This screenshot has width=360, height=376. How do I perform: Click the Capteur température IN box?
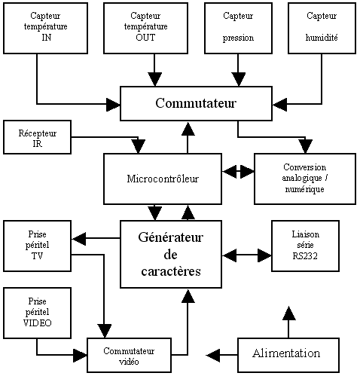[45, 28]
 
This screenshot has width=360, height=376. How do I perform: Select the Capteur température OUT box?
[145, 28]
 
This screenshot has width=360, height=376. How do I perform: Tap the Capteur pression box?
[238, 28]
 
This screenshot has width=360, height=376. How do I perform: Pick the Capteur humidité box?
[322, 28]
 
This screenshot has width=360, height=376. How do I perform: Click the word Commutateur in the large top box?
[196, 103]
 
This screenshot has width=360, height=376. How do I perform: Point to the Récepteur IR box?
[37, 137]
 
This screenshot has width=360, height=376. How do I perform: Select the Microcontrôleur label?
[163, 179]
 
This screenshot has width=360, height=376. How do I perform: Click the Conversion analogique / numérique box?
[305, 179]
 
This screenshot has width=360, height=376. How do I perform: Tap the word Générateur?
[171, 237]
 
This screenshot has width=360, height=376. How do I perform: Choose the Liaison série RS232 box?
[305, 246]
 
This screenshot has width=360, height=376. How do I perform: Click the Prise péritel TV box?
[37, 246]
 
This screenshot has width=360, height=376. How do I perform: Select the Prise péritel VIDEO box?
[37, 313]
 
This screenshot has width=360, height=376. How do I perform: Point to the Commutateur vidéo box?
[129, 355]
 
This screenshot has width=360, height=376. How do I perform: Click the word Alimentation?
[286, 353]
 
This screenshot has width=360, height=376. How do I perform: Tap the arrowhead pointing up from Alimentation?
[288, 313]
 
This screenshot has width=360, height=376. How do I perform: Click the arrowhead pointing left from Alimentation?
[213, 355]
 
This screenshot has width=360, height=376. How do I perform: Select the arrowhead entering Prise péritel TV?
[79, 238]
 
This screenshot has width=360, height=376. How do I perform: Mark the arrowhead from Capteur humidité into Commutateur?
[279, 104]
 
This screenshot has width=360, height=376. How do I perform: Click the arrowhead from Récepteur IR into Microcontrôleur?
[138, 146]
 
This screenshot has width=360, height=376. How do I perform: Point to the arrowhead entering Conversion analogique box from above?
[305, 146]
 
